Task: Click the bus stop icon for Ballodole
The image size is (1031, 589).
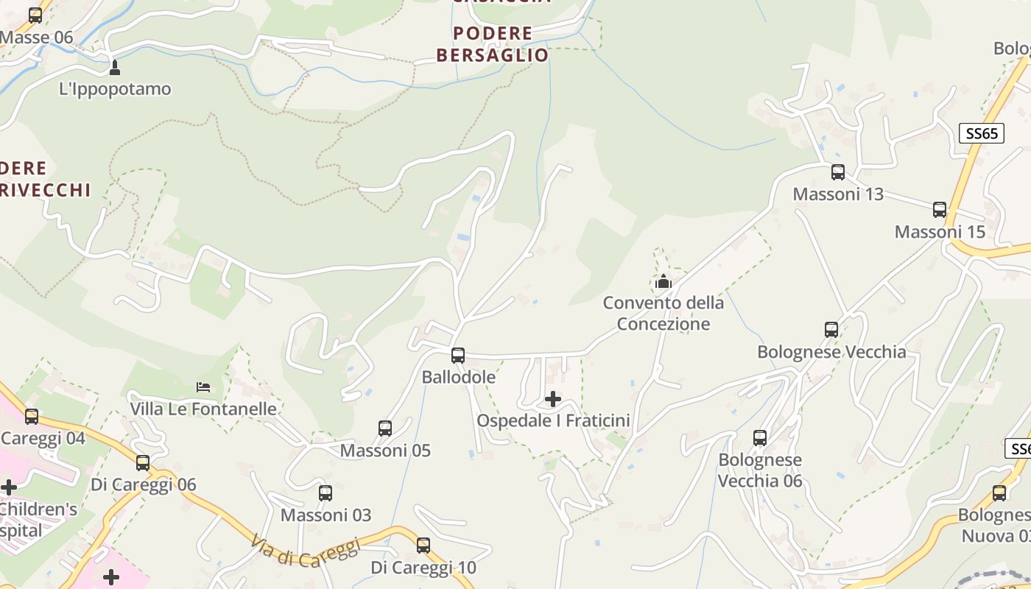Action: pyautogui.click(x=458, y=356)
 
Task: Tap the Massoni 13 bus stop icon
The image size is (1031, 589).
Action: pyautogui.click(x=838, y=172)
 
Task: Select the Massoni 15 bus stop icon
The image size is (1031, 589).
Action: pyautogui.click(x=940, y=210)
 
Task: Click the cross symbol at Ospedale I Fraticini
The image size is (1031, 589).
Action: pyautogui.click(x=552, y=399)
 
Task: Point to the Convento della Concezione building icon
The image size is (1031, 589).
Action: pyautogui.click(x=664, y=281)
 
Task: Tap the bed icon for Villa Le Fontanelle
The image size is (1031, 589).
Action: pyautogui.click(x=203, y=387)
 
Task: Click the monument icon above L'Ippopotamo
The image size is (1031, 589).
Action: pyautogui.click(x=114, y=68)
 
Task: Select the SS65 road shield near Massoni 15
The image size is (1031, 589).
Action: pyautogui.click(x=982, y=133)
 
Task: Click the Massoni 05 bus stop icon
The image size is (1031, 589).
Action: pyautogui.click(x=385, y=428)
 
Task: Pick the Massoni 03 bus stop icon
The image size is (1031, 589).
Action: pyautogui.click(x=326, y=493)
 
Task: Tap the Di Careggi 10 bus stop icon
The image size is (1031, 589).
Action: pyautogui.click(x=423, y=546)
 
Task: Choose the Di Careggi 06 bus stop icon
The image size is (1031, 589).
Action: pyautogui.click(x=143, y=463)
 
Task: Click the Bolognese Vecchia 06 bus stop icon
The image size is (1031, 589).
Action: pyautogui.click(x=760, y=438)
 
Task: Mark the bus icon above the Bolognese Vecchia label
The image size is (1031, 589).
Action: pyautogui.click(x=831, y=330)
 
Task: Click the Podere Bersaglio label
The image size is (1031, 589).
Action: pyautogui.click(x=493, y=44)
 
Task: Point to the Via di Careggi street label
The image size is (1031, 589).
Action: pyautogui.click(x=305, y=552)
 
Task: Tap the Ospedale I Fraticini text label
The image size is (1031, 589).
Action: pyautogui.click(x=554, y=420)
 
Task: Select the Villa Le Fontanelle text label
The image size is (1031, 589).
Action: pyautogui.click(x=203, y=409)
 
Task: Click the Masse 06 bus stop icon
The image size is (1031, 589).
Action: pyautogui.click(x=35, y=15)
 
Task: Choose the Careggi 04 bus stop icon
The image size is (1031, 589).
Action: pyautogui.click(x=32, y=417)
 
